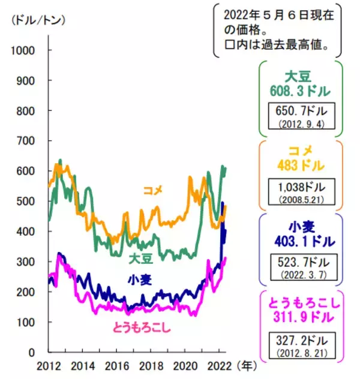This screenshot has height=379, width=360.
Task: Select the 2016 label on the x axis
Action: (x=119, y=366)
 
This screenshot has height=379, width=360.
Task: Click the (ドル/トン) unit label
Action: (x=38, y=19)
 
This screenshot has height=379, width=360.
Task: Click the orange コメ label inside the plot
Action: (x=153, y=191)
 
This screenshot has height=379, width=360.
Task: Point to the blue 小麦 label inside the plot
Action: (x=139, y=279)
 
